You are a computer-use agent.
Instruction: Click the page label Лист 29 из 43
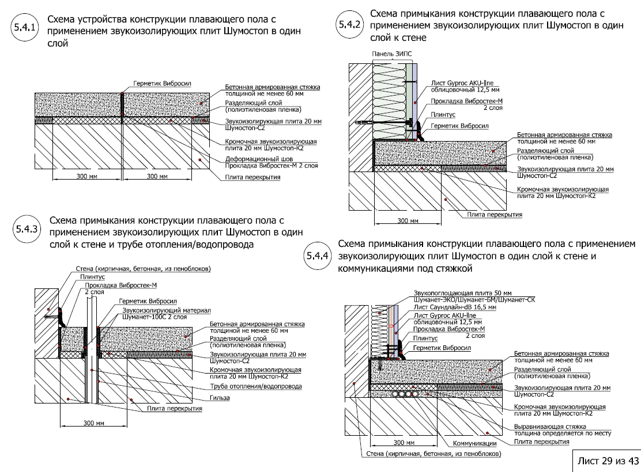604,460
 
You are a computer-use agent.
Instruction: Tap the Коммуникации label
474,443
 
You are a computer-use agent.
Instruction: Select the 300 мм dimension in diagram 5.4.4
404,443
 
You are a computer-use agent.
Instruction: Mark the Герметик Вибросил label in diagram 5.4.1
157,83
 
